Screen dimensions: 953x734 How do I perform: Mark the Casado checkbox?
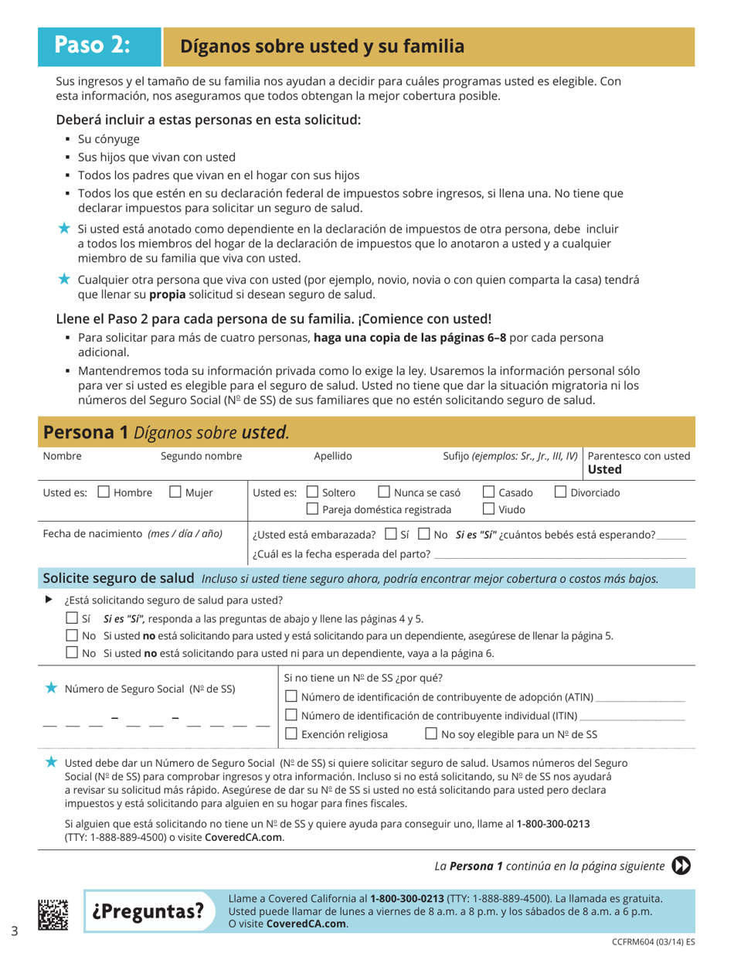coord(489,492)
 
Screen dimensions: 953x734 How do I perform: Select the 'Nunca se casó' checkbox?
coord(384,492)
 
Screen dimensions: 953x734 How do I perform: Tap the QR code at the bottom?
coord(53,910)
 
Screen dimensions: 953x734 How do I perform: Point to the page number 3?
coord(15,930)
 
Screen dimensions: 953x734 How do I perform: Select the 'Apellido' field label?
coord(333,456)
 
